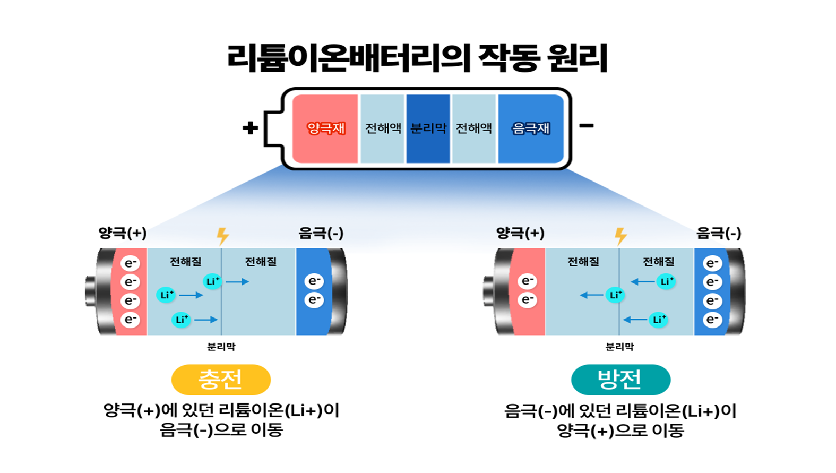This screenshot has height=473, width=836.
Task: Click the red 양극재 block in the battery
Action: pyautogui.click(x=325, y=128)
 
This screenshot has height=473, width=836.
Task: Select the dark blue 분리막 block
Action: pyautogui.click(x=428, y=128)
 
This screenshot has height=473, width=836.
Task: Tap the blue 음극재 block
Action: pyautogui.click(x=530, y=128)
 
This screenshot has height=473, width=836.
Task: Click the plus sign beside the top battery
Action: pyautogui.click(x=250, y=128)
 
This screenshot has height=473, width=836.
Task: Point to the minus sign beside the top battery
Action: pyautogui.click(x=586, y=126)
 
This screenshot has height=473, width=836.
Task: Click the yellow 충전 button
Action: pyautogui.click(x=221, y=380)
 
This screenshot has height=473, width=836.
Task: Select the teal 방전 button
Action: pyautogui.click(x=620, y=380)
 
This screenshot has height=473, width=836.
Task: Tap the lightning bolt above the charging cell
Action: pyautogui.click(x=222, y=236)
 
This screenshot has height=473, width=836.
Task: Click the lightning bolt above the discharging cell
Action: pyautogui.click(x=620, y=236)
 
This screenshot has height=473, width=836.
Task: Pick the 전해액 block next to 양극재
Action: pyautogui.click(x=382, y=128)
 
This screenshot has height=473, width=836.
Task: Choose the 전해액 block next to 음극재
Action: pyautogui.click(x=473, y=128)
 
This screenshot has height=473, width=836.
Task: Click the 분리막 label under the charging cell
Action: pyautogui.click(x=221, y=347)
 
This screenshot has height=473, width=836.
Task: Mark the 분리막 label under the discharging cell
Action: pyautogui.click(x=619, y=347)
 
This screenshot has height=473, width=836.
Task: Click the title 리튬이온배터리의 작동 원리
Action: pyautogui.click(x=417, y=57)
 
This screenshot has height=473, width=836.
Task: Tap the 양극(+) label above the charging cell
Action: pyautogui.click(x=122, y=233)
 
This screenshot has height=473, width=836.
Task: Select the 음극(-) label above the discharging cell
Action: pyautogui.click(x=718, y=233)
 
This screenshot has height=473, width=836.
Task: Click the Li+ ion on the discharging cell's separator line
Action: pyautogui.click(x=615, y=295)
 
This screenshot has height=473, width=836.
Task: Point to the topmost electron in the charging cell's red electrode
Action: pyautogui.click(x=130, y=263)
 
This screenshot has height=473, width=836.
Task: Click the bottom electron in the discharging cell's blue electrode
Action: pyautogui.click(x=712, y=320)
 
